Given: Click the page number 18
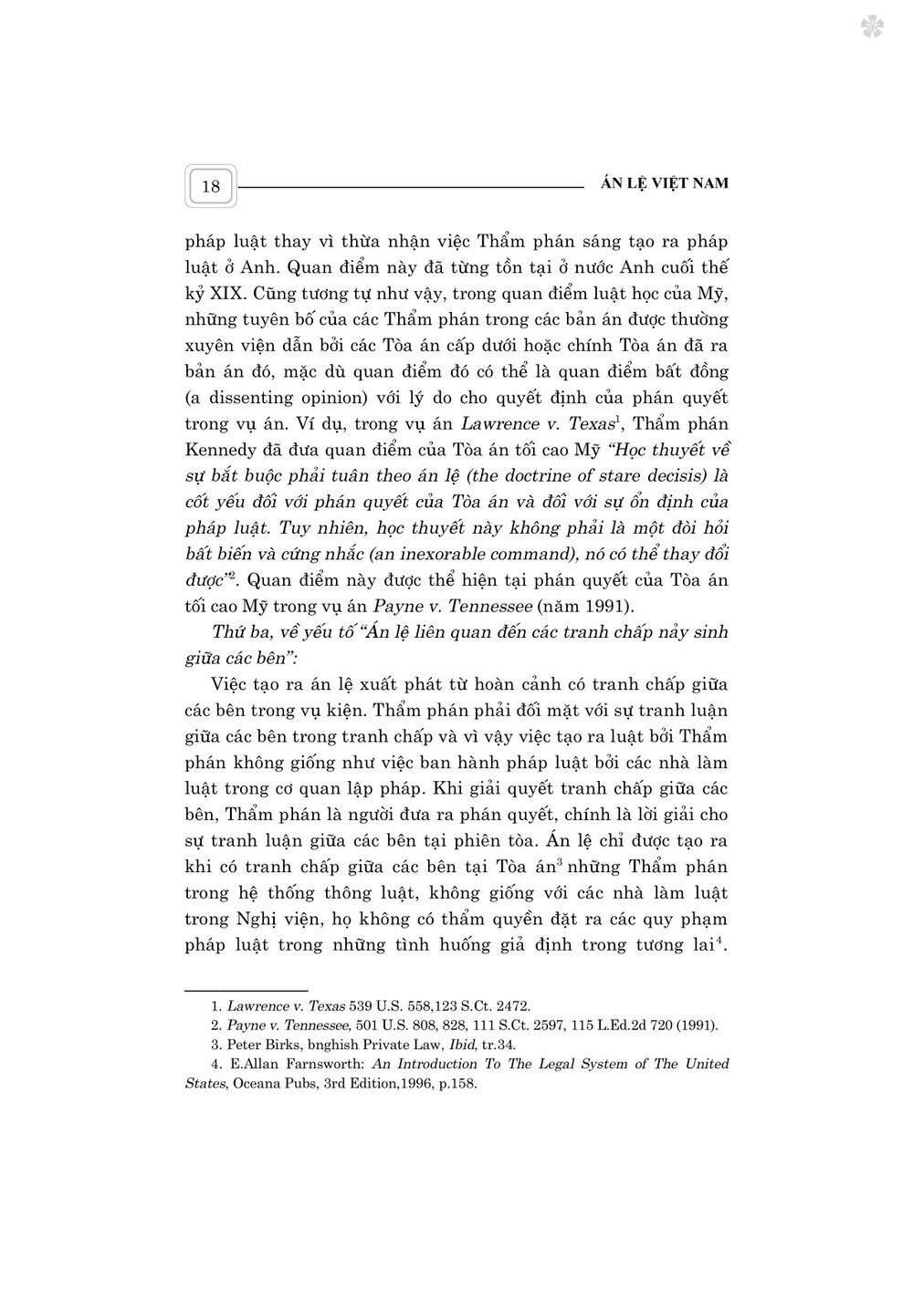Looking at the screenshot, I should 211,186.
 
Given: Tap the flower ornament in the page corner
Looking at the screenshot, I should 873,27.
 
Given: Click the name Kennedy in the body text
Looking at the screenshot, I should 225,450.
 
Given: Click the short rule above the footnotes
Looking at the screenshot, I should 247,990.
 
